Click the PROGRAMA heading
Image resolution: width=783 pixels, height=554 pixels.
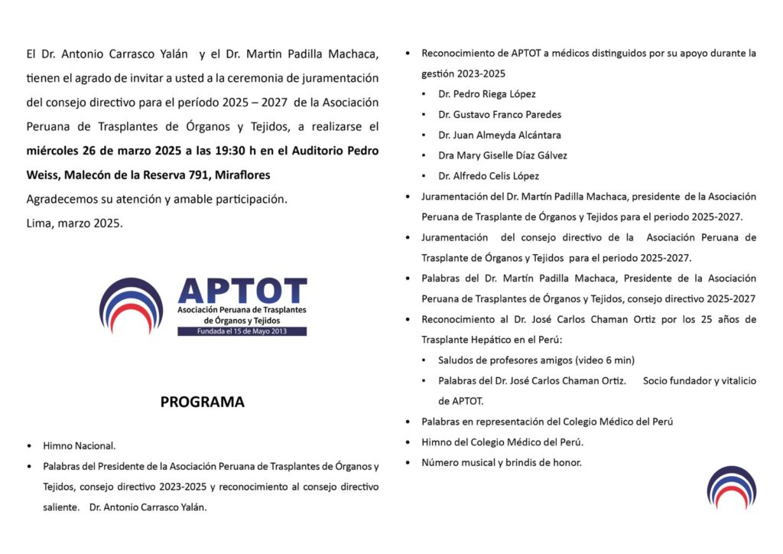(202, 402)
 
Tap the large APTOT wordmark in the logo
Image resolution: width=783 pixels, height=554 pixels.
(242, 291)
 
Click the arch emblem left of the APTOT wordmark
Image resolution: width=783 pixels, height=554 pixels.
(131, 306)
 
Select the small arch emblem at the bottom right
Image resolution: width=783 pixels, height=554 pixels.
(731, 487)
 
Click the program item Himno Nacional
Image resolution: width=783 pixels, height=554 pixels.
(79, 445)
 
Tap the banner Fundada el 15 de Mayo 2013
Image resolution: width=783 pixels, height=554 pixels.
(242, 331)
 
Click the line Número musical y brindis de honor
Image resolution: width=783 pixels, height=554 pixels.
(502, 462)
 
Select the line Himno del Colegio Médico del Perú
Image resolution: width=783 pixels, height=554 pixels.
(502, 442)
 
